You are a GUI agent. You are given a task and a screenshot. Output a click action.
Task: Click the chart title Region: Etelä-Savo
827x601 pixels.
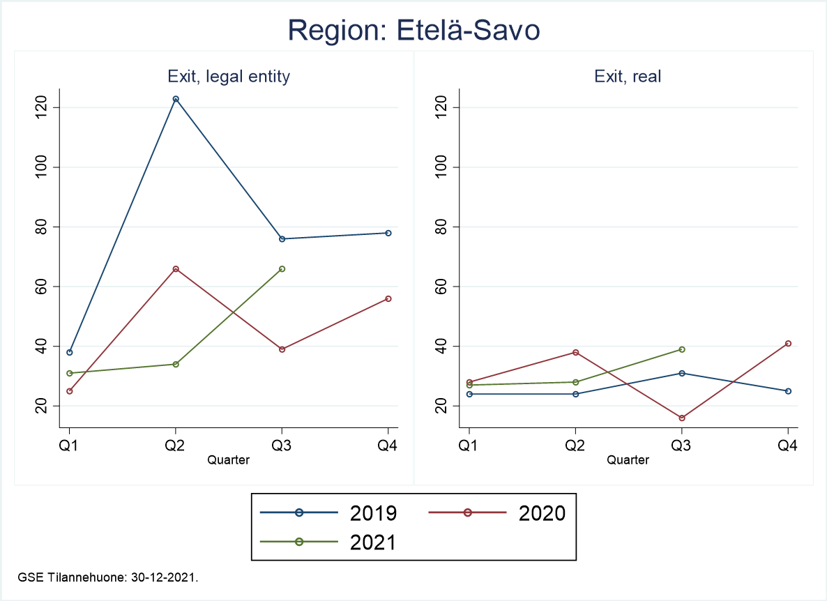413,31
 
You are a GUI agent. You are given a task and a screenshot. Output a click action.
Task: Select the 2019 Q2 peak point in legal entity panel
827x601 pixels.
176,99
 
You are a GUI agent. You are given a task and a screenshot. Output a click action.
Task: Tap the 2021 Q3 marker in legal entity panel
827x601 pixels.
282,268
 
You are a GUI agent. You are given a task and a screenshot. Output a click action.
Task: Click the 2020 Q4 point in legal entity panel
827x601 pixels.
388,298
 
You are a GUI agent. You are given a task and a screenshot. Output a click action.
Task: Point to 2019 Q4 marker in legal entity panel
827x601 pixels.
388,233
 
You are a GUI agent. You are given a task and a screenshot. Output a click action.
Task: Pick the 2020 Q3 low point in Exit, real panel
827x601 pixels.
682,418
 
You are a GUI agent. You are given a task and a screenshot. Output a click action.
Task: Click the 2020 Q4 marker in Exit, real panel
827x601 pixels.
788,343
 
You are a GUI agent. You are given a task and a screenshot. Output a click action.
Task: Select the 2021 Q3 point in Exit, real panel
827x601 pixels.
682,349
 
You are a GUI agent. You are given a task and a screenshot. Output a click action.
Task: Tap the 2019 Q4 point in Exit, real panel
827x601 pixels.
788,391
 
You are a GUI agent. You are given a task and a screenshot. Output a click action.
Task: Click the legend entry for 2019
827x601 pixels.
328,513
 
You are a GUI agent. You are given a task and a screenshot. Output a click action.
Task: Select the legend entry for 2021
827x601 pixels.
328,542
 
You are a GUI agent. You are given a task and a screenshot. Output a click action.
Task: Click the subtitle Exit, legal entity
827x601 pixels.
229,77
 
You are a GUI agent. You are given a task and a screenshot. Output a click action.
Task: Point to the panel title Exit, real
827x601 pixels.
628,77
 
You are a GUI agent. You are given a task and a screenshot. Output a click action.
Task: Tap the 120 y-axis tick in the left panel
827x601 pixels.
48,107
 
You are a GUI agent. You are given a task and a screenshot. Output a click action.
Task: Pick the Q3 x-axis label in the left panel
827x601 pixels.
282,446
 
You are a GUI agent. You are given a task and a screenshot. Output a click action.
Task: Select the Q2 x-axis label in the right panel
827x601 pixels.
575,446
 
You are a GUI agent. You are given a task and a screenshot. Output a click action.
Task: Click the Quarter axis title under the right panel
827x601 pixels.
628,460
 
